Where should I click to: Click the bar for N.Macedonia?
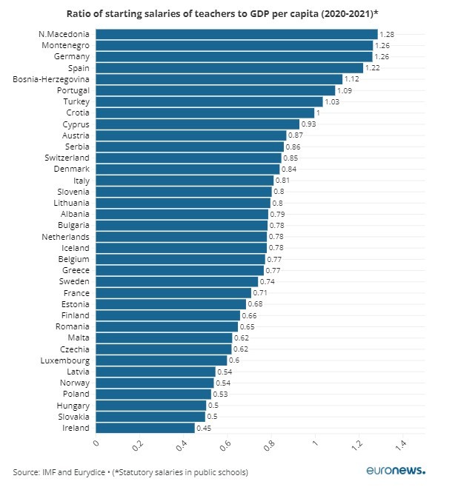click(x=236, y=34)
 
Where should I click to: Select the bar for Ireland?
click(x=145, y=428)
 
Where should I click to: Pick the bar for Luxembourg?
click(x=162, y=360)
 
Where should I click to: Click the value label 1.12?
click(x=352, y=79)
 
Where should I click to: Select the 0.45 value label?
click(x=204, y=428)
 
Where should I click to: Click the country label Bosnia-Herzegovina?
click(x=51, y=79)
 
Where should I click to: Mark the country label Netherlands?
click(x=65, y=237)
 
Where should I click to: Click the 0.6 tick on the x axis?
click(x=225, y=446)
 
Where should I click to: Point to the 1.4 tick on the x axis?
click(x=400, y=446)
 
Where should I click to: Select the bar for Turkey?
click(x=209, y=101)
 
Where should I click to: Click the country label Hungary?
click(x=73, y=406)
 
